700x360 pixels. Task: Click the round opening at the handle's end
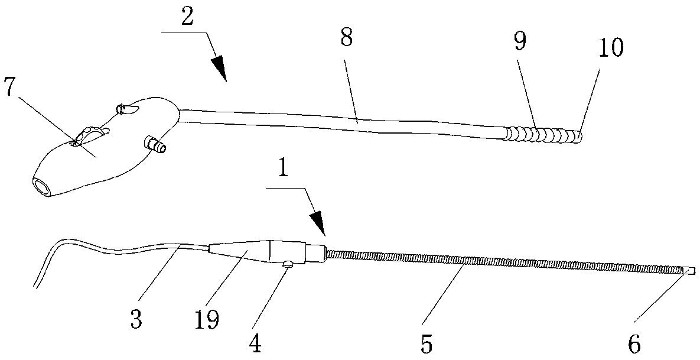tap(41, 188)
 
